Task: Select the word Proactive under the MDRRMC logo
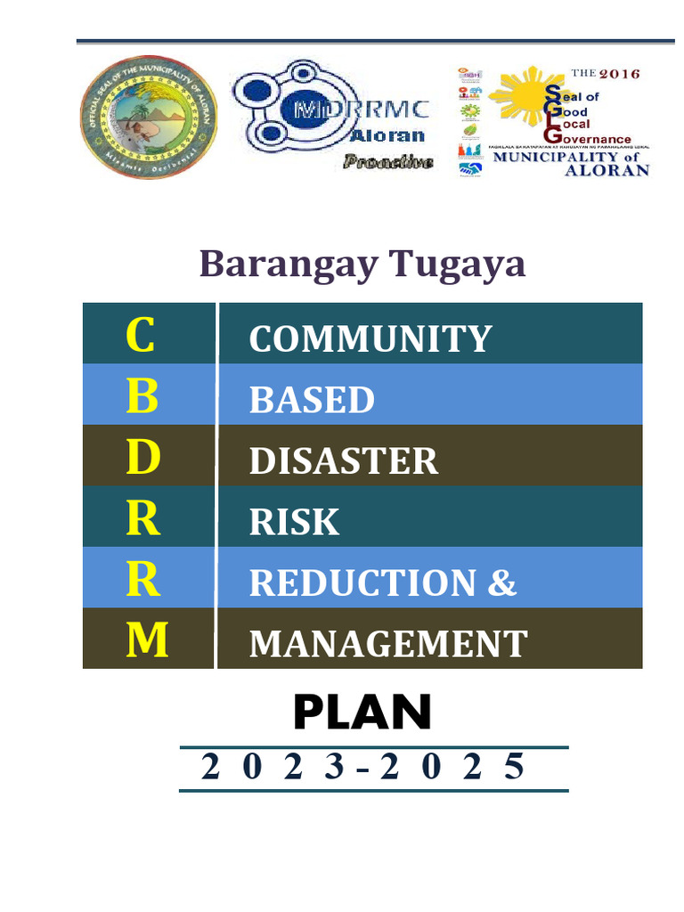[x=388, y=162]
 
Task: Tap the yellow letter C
[x=140, y=335]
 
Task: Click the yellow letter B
[x=142, y=396]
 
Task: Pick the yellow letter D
[x=142, y=457]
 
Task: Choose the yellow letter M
[x=147, y=640]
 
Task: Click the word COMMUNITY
[x=370, y=339]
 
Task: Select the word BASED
[x=312, y=400]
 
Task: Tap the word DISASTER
[x=344, y=461]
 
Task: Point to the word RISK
[x=294, y=522]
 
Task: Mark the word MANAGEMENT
[x=388, y=643]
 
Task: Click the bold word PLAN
[x=362, y=712]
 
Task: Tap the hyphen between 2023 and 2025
[x=363, y=769]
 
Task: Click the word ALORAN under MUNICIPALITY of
[x=607, y=170]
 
